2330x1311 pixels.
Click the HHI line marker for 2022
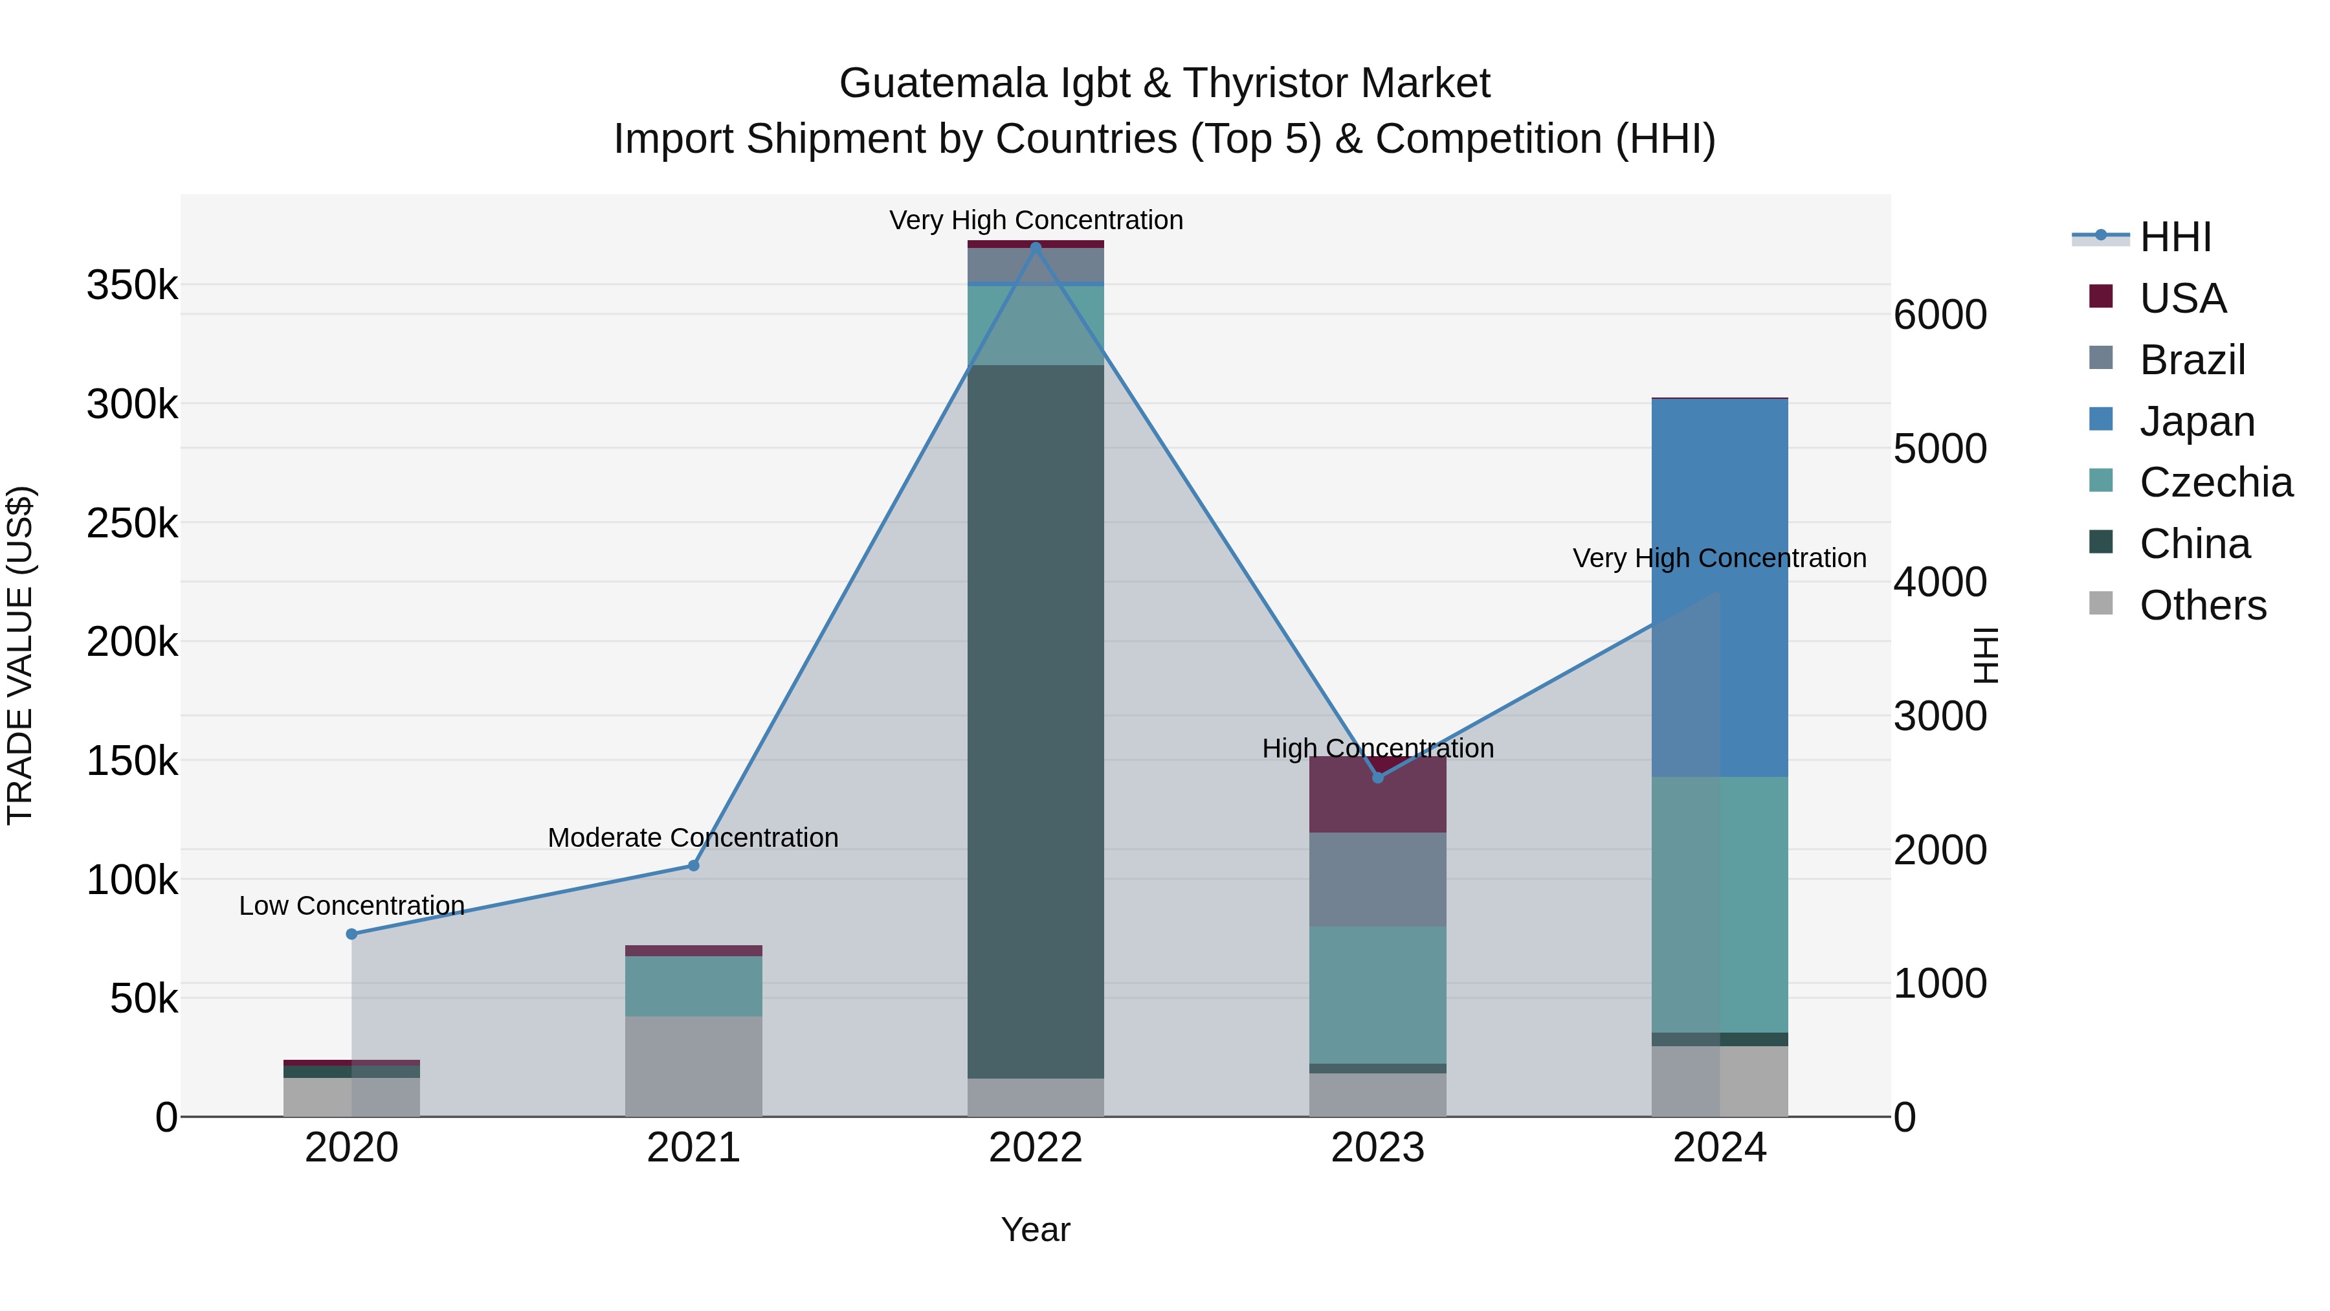tap(1036, 246)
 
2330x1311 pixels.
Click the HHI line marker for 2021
tap(694, 866)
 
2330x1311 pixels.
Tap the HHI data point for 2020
tap(352, 934)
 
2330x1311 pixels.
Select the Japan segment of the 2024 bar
tap(1720, 587)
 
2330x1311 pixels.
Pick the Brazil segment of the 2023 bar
tap(1377, 879)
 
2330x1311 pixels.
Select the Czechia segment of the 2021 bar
tap(694, 985)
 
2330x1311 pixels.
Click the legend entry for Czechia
tap(2215, 482)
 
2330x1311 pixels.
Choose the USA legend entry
tap(2182, 298)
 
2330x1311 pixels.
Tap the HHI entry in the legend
tap(2175, 237)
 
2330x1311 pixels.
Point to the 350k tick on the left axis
tap(132, 286)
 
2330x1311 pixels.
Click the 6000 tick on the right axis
tap(1940, 315)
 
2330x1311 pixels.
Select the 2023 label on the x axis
tap(1377, 1148)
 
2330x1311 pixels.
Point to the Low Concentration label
tap(352, 906)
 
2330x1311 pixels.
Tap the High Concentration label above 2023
tap(1377, 748)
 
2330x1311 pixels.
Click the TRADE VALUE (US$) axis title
tap(21, 655)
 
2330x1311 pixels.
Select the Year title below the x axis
tap(1036, 1229)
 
